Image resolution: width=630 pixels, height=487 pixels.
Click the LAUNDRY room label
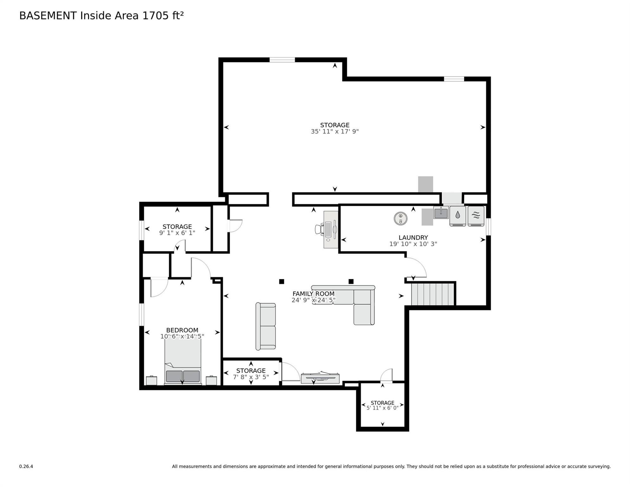click(413, 237)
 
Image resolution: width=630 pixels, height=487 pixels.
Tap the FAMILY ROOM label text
click(313, 294)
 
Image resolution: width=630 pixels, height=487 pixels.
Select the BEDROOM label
click(182, 330)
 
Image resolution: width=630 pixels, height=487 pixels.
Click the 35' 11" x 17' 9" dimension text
click(335, 131)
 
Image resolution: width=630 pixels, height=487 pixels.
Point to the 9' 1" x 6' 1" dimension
click(177, 233)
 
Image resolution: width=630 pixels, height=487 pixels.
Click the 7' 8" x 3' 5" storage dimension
click(251, 377)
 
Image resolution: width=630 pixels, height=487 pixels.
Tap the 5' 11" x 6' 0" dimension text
click(382, 408)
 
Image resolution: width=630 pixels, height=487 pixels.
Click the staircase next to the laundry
click(433, 294)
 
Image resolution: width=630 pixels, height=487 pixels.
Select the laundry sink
click(441, 213)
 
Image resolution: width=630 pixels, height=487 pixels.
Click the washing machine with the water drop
click(458, 216)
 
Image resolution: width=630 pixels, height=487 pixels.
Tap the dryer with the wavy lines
click(476, 216)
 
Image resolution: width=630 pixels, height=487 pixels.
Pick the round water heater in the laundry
click(401, 218)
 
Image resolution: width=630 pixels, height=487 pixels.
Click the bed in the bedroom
click(183, 362)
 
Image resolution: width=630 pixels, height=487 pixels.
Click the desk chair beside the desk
click(319, 229)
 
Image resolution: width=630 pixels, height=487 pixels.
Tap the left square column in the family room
click(281, 281)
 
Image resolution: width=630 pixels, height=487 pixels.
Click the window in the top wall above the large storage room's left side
click(282, 60)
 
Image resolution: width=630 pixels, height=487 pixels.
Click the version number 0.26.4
click(26, 466)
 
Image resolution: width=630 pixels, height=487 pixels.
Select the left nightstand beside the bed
click(151, 380)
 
